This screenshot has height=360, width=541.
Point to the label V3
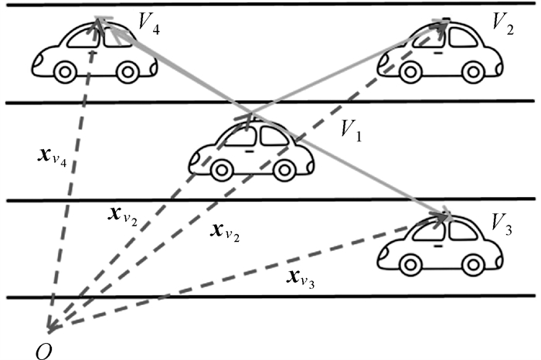tap(502, 226)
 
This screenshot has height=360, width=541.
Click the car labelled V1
tap(251, 150)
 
